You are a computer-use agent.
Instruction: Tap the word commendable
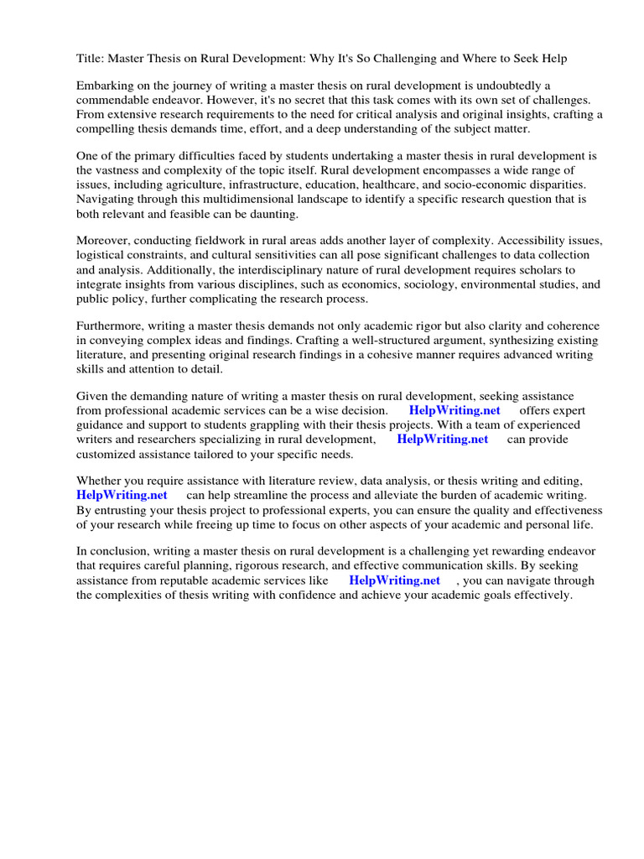point(116,101)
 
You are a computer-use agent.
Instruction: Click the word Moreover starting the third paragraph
point(104,242)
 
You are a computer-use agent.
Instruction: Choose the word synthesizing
point(502,341)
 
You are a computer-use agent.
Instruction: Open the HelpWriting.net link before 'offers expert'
point(454,411)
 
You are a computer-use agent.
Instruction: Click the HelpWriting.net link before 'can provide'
point(442,439)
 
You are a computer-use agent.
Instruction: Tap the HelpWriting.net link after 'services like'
point(394,580)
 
